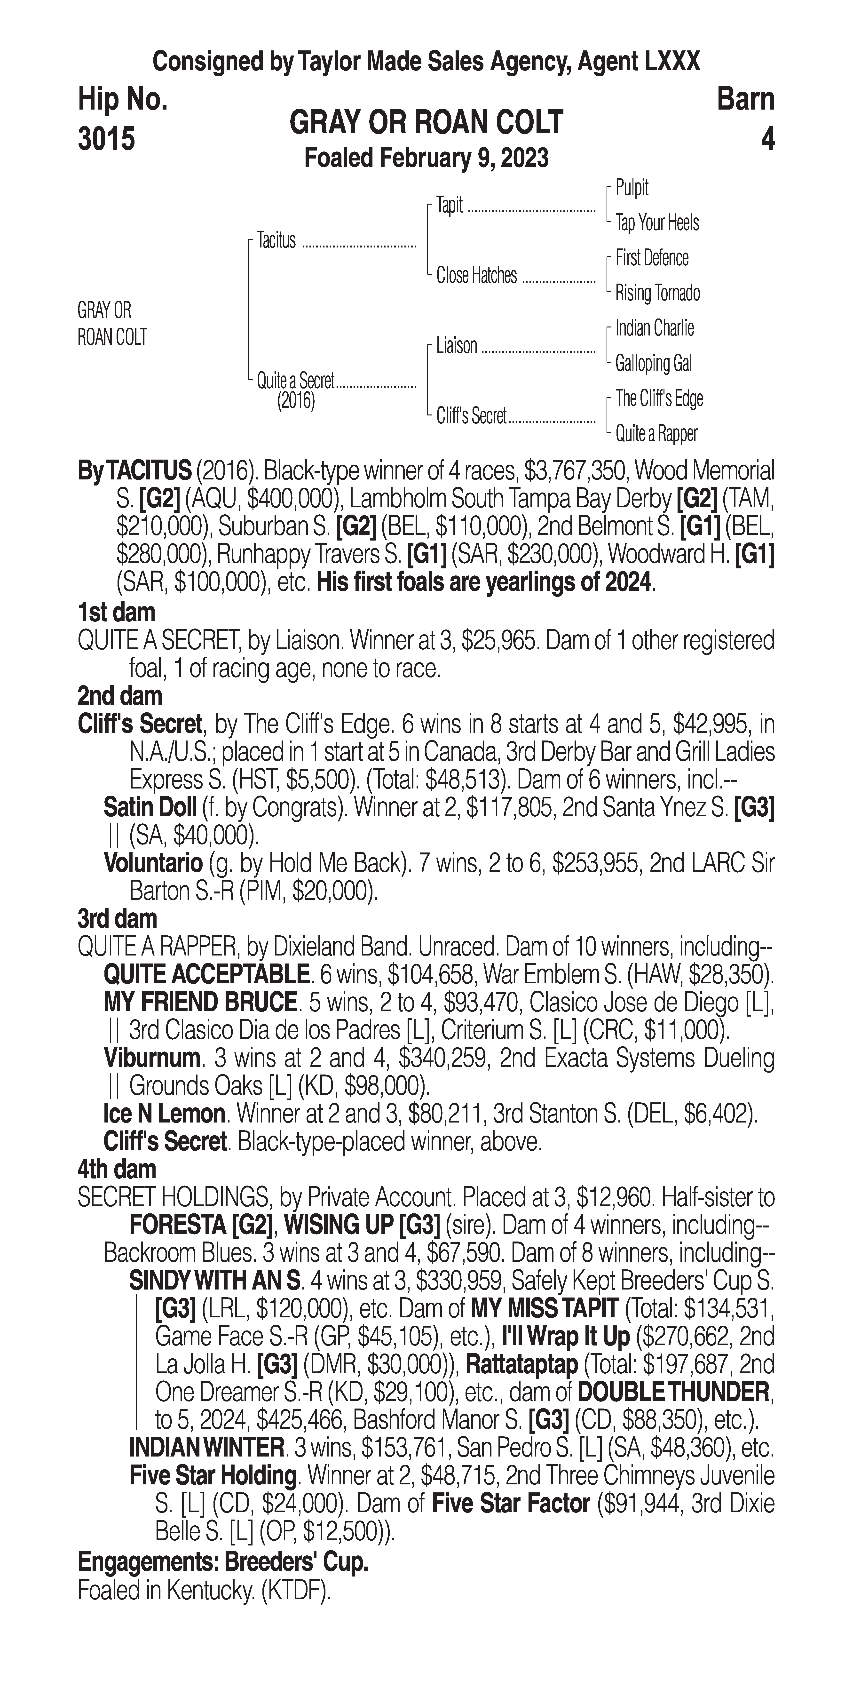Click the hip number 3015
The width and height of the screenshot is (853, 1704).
(106, 139)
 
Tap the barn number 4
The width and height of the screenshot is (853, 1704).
(767, 139)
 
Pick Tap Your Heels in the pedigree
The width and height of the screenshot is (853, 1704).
(657, 223)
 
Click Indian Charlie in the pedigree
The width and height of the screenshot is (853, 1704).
(654, 328)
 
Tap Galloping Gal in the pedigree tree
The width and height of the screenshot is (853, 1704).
(653, 363)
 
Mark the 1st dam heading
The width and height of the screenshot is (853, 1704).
(116, 612)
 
